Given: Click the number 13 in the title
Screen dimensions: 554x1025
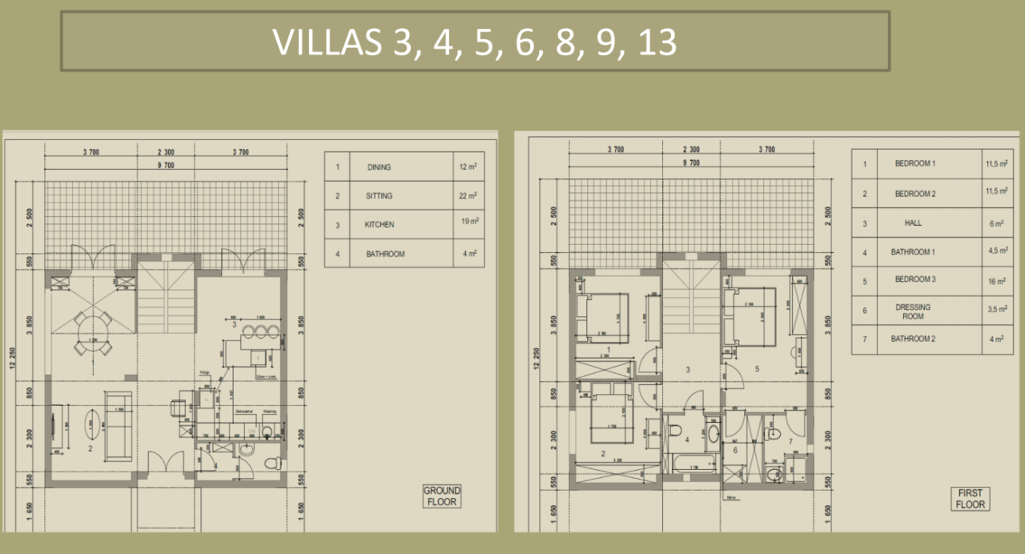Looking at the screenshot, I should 657,42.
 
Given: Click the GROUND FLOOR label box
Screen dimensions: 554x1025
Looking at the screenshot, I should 442,496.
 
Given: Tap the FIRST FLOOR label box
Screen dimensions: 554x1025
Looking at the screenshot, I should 970,499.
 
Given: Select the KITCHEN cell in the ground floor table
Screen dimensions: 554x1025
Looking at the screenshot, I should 380,224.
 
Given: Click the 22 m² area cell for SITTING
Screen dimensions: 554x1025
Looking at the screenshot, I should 468,195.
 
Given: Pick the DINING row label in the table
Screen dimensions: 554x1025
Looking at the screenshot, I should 380,167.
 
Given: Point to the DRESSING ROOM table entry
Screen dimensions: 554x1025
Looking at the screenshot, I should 914,311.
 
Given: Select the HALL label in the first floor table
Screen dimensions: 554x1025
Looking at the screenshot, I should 914,223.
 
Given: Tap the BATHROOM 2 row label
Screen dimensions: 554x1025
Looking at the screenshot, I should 914,339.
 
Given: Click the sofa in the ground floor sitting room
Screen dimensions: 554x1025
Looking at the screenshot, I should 119,425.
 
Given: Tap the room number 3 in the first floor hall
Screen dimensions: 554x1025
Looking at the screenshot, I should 687,370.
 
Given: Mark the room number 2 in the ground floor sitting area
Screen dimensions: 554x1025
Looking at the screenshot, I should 90,449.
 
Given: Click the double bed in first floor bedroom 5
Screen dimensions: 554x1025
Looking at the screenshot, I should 750,315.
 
